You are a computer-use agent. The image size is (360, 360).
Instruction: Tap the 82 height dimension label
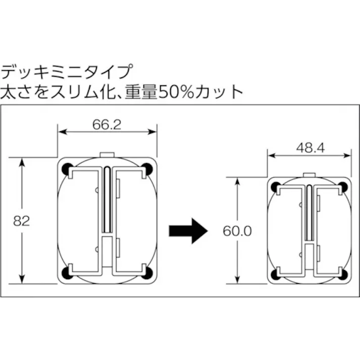pyautogui.click(x=21, y=220)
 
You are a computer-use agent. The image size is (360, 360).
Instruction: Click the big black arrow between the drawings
pyautogui.click(x=188, y=230)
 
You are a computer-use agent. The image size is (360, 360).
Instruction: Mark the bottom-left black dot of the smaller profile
pyautogui.click(x=276, y=273)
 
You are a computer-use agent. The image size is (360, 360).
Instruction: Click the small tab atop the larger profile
pyautogui.click(x=108, y=154)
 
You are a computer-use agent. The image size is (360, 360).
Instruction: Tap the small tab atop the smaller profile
pyautogui.click(x=310, y=175)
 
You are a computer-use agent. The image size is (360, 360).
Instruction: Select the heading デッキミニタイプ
pyautogui.click(x=68, y=71)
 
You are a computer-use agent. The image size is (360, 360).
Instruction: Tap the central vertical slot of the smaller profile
pyautogui.click(x=310, y=212)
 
